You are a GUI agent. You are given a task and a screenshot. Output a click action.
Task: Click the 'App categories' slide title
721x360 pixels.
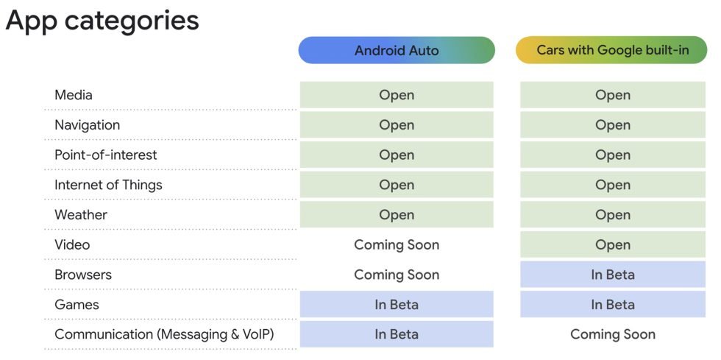102,21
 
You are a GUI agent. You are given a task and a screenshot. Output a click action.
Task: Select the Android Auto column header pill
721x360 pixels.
397,51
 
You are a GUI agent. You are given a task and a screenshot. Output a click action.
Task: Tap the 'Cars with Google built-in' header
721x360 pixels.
611,51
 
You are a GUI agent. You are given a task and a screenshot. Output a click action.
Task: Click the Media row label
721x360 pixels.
74,95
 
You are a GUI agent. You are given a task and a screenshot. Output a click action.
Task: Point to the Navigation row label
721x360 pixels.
87,125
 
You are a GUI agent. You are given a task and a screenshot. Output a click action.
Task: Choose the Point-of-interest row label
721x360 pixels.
105,155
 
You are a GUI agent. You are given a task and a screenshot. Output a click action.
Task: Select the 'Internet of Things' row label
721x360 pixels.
108,185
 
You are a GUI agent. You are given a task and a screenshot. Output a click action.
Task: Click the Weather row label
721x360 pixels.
81,215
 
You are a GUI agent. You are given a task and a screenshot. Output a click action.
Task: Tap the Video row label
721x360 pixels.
72,244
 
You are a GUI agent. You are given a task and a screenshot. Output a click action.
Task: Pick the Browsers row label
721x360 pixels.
83,275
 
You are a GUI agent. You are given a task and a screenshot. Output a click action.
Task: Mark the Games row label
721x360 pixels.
77,305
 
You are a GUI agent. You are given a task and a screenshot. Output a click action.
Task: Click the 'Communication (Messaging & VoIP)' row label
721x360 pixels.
164,334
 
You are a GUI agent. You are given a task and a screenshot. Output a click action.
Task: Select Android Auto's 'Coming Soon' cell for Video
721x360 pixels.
397,244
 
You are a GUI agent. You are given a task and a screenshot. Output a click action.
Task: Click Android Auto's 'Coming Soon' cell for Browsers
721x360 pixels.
397,275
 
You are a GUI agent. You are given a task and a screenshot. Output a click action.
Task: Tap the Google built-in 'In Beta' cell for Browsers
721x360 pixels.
612,275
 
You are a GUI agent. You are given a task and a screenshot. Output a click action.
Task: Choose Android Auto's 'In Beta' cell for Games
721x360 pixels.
397,305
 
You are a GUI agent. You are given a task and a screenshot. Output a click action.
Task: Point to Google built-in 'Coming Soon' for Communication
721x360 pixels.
612,334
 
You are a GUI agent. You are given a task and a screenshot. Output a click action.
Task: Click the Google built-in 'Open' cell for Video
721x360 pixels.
612,244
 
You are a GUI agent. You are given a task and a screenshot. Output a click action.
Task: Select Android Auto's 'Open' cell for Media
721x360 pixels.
397,95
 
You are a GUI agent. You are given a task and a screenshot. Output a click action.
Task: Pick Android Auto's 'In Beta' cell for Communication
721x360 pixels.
397,334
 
